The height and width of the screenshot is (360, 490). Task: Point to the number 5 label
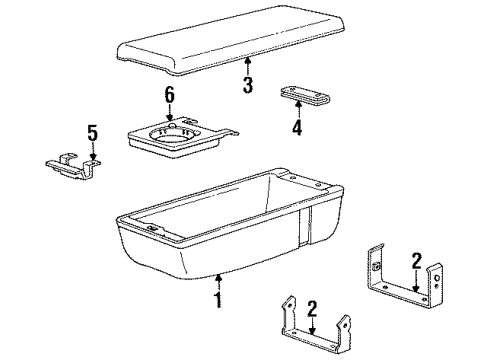click(92, 132)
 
